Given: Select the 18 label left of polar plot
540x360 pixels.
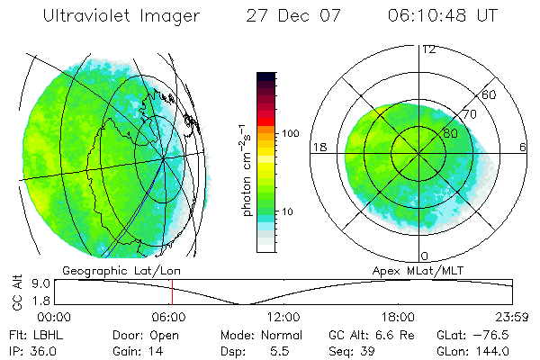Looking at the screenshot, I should coord(318,147).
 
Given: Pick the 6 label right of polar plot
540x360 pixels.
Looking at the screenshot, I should coord(522,147).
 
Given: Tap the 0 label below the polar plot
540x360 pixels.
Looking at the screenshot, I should coord(425,256).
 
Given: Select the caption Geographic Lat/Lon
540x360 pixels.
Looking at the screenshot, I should coord(115,270).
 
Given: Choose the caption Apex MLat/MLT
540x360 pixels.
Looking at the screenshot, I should coord(416,270).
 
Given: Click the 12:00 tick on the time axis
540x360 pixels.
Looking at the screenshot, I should coord(283,318).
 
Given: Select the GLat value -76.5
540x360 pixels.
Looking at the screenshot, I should coord(499,335).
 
